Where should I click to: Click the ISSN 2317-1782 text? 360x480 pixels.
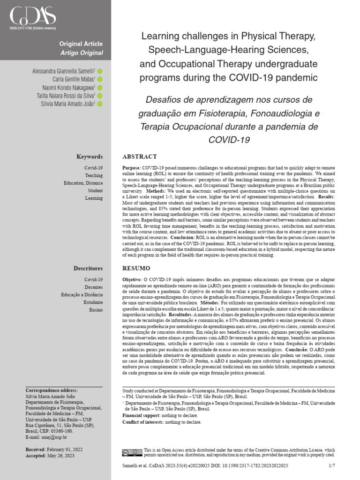coord(32,29)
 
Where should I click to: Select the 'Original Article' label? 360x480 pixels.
coord(81,44)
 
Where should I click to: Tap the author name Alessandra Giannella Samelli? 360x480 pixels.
coord(63,71)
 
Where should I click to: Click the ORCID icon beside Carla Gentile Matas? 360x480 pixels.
coord(100,79)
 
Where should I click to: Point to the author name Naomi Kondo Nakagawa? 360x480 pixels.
coord(68,88)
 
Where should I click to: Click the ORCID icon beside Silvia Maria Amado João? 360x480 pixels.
coord(100,104)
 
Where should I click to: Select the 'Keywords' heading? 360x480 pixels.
coord(90,157)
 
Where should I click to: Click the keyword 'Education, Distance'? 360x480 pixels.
coord(83,183)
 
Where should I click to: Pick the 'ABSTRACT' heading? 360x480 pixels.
coord(140,157)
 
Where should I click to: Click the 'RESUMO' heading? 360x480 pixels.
coord(136,269)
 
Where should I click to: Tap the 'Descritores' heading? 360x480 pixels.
coord(88,269)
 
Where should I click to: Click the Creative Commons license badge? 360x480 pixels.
coord(132,452)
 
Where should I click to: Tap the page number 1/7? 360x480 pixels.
coord(332,465)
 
